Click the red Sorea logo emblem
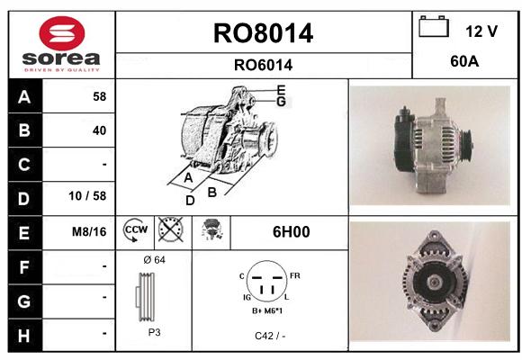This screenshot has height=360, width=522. point(62,33)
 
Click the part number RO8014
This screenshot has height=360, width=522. point(263,33)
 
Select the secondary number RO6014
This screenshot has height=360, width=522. point(263,65)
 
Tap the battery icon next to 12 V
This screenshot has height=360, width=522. point(434,26)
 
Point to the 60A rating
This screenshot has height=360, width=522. point(464,61)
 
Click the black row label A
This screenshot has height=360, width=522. point(25,96)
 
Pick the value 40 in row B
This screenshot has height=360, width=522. point(99,130)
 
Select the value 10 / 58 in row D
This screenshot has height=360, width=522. point(87,196)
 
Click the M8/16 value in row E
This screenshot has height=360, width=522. point(89,232)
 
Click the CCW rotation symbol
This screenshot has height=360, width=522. point(136,229)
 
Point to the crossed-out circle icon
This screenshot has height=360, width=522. point(171,229)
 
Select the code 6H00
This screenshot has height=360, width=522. point(291,232)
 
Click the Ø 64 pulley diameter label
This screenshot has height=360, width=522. point(154,260)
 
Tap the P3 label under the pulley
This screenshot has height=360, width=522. point(154,332)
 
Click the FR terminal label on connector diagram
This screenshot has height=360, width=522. point(295,275)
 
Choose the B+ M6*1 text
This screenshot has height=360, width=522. point(267,311)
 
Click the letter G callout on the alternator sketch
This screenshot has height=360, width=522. point(282,101)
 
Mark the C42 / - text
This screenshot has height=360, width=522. point(270,336)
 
